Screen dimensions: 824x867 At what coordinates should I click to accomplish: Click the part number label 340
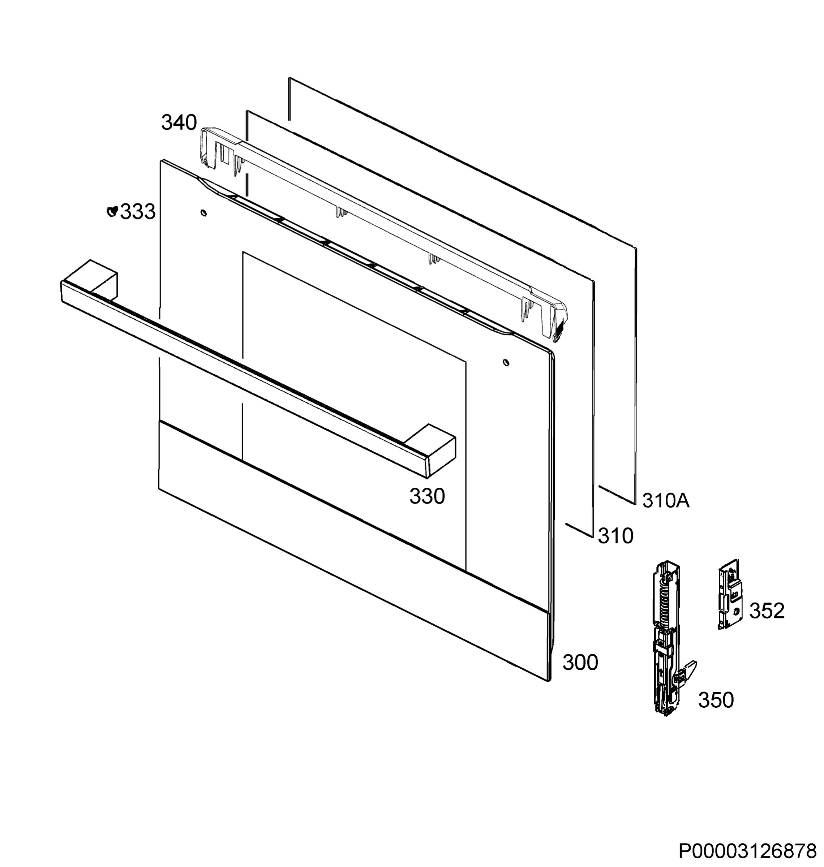click(x=179, y=123)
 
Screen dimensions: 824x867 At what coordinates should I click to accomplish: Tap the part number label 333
click(x=138, y=212)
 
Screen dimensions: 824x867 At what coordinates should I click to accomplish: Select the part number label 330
click(x=427, y=496)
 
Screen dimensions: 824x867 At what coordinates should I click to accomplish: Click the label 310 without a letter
click(x=615, y=536)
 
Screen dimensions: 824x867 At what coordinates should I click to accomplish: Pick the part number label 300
click(x=580, y=663)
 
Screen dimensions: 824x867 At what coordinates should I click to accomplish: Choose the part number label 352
click(x=767, y=611)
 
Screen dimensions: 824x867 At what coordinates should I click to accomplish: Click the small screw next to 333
click(x=112, y=211)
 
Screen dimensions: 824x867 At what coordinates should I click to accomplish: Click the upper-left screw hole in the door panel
click(x=203, y=213)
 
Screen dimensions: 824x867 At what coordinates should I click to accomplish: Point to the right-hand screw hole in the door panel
click(x=506, y=363)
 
